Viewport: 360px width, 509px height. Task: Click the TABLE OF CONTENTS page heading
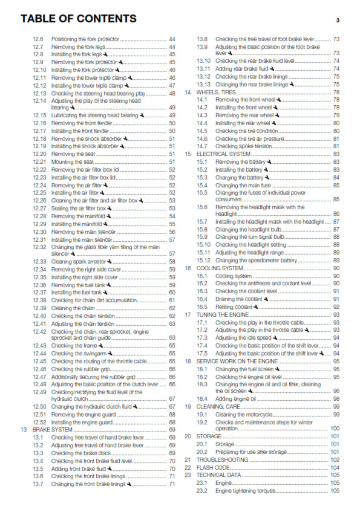[x=79, y=19]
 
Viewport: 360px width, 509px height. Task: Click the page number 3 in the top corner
[x=338, y=21]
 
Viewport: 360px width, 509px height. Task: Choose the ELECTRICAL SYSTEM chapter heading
[x=224, y=154]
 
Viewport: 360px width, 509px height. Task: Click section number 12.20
[x=39, y=154]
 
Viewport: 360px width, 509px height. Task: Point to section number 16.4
[x=202, y=299]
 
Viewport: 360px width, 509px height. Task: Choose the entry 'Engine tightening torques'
[x=247, y=491]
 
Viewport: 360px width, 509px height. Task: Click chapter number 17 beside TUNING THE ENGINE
[x=188, y=314]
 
